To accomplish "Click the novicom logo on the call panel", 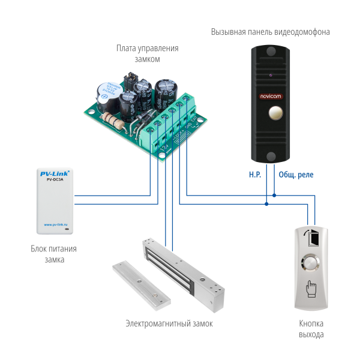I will pyautogui.click(x=270, y=95).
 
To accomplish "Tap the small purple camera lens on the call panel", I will pyautogui.click(x=270, y=76).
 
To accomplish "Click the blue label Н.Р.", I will pyautogui.click(x=255, y=175).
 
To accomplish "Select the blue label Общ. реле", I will pyautogui.click(x=296, y=175).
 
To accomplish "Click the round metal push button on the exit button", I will pyautogui.click(x=311, y=262).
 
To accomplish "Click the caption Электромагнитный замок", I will pyautogui.click(x=169, y=323).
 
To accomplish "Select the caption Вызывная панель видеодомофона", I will pyautogui.click(x=270, y=32).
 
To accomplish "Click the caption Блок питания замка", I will pyautogui.click(x=53, y=254).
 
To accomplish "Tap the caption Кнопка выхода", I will pyautogui.click(x=311, y=329).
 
